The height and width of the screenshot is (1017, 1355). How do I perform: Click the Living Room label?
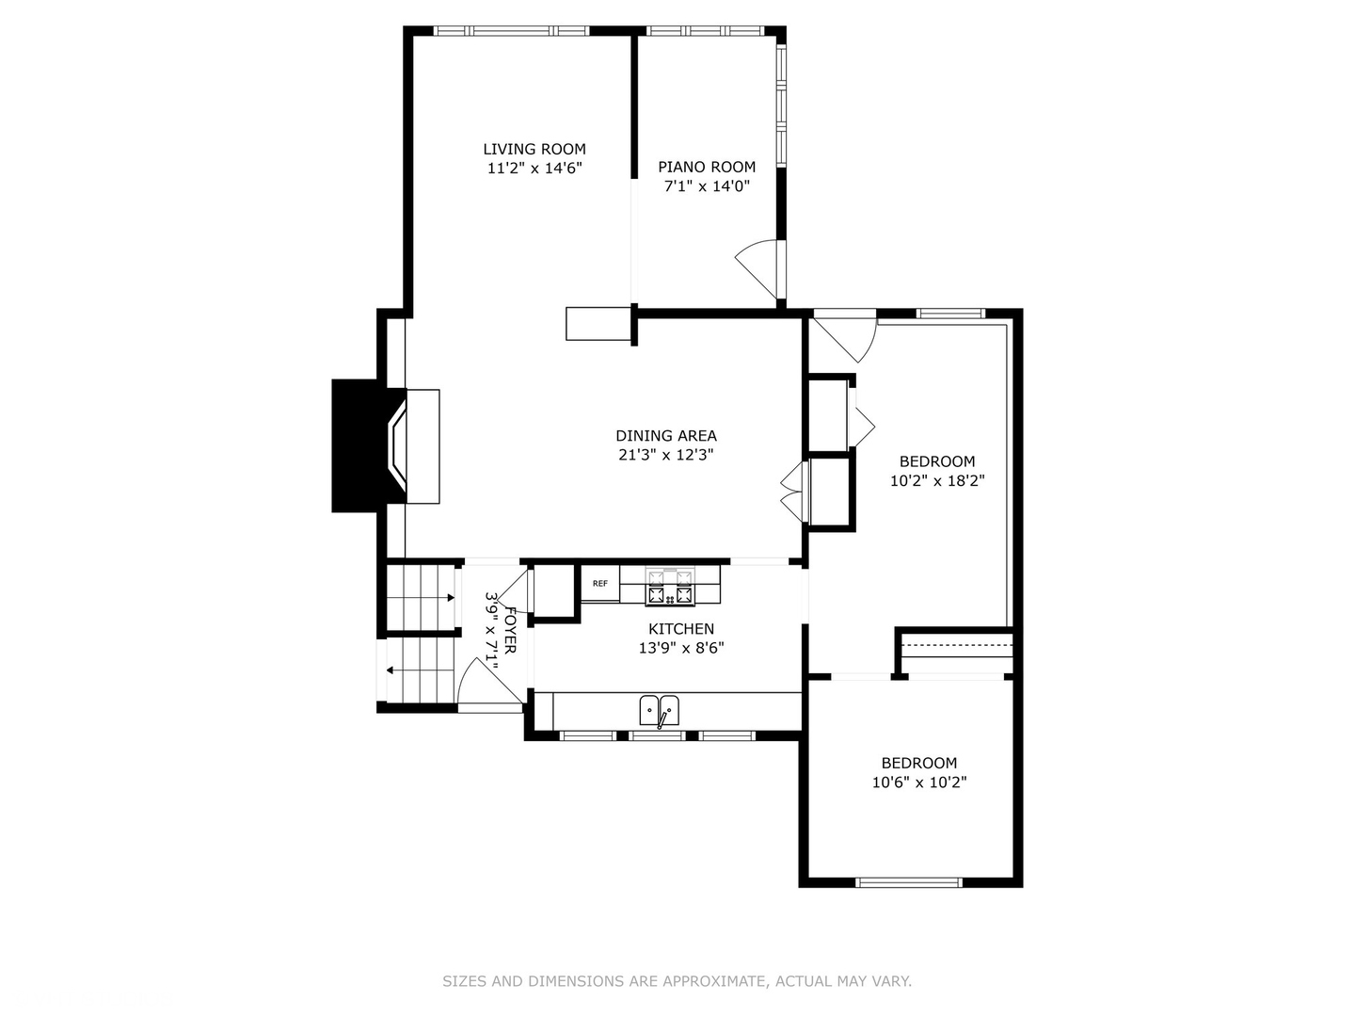click(x=534, y=149)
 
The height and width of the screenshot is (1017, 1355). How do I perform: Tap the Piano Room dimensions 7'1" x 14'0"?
click(x=707, y=186)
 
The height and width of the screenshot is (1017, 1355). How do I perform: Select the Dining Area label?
click(x=666, y=436)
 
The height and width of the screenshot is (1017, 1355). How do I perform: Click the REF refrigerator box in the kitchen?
click(x=600, y=584)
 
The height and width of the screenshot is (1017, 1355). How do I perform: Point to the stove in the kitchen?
click(x=669, y=587)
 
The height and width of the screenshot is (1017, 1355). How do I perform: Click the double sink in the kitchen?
click(x=660, y=710)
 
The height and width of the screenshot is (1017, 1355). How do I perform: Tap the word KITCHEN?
click(x=681, y=629)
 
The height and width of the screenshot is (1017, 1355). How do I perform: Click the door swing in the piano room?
click(x=758, y=268)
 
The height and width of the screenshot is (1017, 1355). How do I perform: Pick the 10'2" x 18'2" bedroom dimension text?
click(x=937, y=481)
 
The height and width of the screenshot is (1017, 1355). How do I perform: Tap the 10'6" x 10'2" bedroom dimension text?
click(x=919, y=783)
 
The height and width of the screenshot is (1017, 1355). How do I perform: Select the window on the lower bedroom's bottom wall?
click(x=908, y=882)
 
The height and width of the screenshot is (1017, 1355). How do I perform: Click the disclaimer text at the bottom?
click(x=677, y=981)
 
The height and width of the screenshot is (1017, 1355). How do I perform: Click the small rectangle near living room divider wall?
click(x=598, y=324)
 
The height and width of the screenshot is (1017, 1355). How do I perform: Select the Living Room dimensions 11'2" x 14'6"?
click(x=534, y=169)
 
